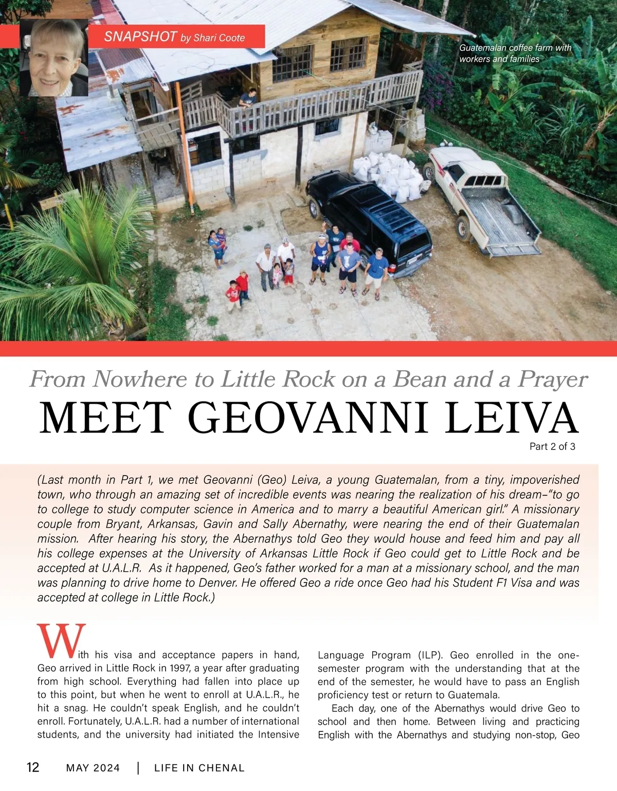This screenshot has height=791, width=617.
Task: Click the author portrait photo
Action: pyautogui.click(x=54, y=58)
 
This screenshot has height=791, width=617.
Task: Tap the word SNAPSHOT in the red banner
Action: pyautogui.click(x=140, y=36)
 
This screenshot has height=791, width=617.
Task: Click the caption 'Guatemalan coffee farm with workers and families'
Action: pyautogui.click(x=515, y=53)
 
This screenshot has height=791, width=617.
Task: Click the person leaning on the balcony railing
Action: pyautogui.click(x=248, y=98)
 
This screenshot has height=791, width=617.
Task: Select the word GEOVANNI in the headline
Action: pyautogui.click(x=312, y=417)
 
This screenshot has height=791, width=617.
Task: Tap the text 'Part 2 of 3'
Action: pyautogui.click(x=552, y=447)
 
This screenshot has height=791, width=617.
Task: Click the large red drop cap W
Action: pyautogui.click(x=61, y=642)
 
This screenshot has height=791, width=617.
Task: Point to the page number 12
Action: pyautogui.click(x=32, y=767)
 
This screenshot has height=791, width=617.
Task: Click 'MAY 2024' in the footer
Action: pyautogui.click(x=93, y=768)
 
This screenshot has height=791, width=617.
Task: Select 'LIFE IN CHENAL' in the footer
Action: pyautogui.click(x=199, y=768)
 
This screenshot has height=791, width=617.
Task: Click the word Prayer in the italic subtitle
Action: pyautogui.click(x=553, y=380)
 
